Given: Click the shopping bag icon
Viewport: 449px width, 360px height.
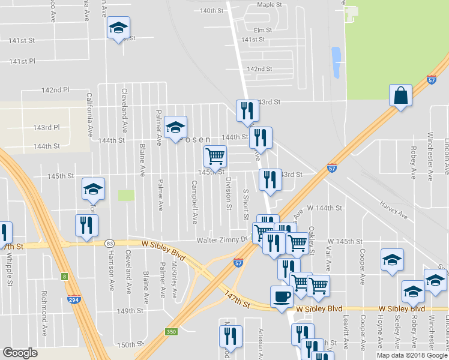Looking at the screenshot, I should (x=401, y=95).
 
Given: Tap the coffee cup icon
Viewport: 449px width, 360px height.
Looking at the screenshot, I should (x=281, y=296).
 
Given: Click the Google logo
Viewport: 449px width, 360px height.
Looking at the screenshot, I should (x=20, y=353).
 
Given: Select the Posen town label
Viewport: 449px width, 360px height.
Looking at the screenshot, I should (x=196, y=139).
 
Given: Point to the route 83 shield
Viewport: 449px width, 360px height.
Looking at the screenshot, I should (x=109, y=243).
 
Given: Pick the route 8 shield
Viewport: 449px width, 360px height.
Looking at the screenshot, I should (x=64, y=276).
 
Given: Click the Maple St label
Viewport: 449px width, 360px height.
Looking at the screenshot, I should (x=270, y=4).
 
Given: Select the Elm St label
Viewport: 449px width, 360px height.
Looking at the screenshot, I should (x=263, y=30).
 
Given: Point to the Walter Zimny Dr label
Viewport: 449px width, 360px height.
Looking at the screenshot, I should (x=223, y=240).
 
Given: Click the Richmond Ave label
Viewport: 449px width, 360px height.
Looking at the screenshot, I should (x=44, y=305).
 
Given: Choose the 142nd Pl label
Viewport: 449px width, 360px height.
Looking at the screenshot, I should (x=55, y=90).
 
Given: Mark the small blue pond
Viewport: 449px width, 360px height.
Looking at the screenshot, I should (x=336, y=59).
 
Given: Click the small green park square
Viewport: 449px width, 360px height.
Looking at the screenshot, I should (x=126, y=196).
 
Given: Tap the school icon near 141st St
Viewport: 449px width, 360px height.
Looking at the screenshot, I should (x=118, y=28).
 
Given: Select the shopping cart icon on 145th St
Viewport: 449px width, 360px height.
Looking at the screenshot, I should (x=215, y=157).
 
